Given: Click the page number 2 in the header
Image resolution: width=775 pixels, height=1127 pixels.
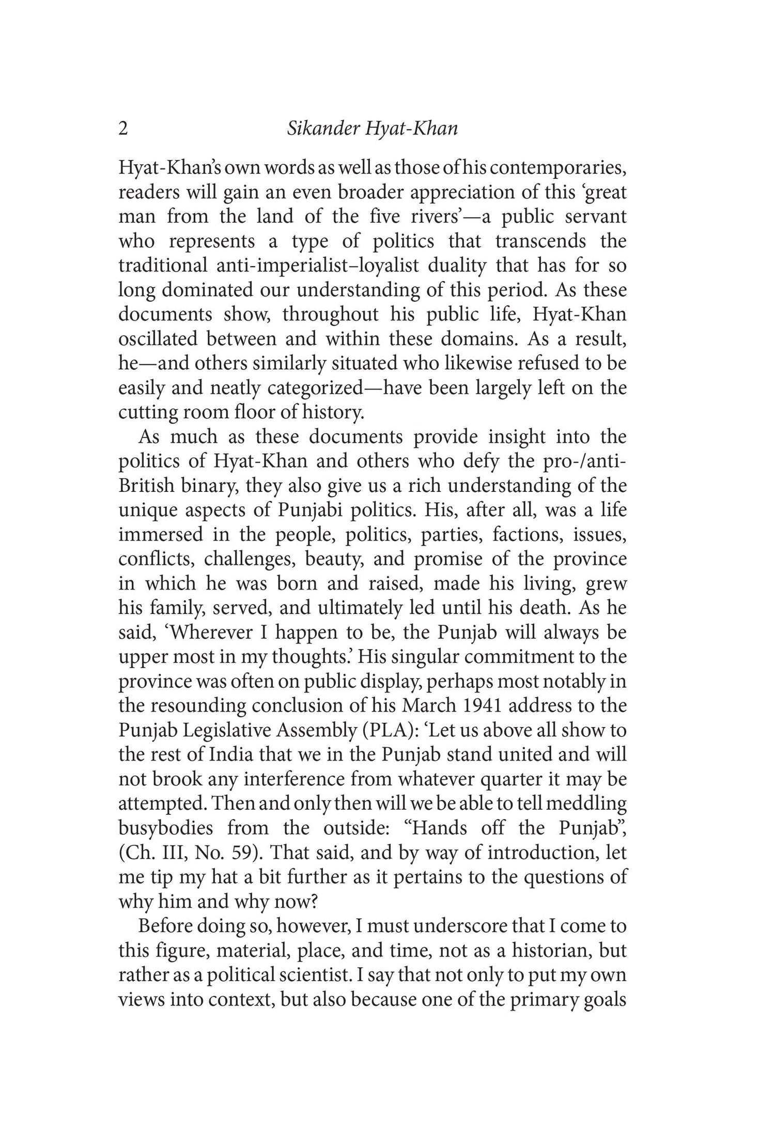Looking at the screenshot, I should pos(123,128).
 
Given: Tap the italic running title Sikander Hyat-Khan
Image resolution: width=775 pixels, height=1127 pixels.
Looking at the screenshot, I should pos(372,129).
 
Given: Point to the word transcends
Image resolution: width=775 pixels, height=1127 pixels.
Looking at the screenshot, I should pos(540,241).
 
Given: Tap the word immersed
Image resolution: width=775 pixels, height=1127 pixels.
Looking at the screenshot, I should pos(161,534).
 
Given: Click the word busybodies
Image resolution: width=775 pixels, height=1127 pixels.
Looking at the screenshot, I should pos(165,828).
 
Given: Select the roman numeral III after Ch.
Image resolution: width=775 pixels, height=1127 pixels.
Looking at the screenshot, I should pos(175,853).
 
